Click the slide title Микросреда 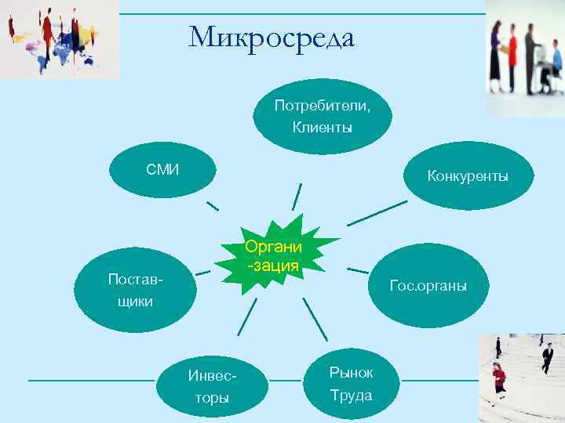[272, 37]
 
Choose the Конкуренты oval [467, 175]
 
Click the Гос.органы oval [428, 286]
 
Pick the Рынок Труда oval [350, 384]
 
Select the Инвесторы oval [211, 386]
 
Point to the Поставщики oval [130, 290]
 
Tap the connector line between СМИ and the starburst [212, 206]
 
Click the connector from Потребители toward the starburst [297, 197]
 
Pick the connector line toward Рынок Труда [315, 319]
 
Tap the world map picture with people [59, 39]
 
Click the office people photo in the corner [525, 57]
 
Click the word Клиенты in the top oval [322, 126]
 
